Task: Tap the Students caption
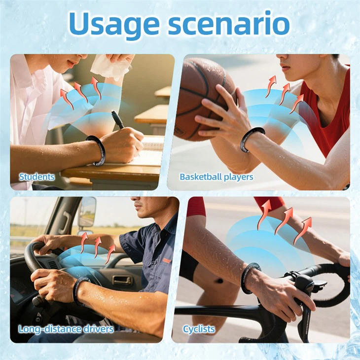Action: [36, 177]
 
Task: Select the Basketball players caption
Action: [216, 177]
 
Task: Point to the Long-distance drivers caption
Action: [66, 329]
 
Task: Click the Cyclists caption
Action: [199, 329]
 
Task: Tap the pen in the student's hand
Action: [117, 120]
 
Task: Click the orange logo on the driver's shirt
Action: [167, 260]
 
